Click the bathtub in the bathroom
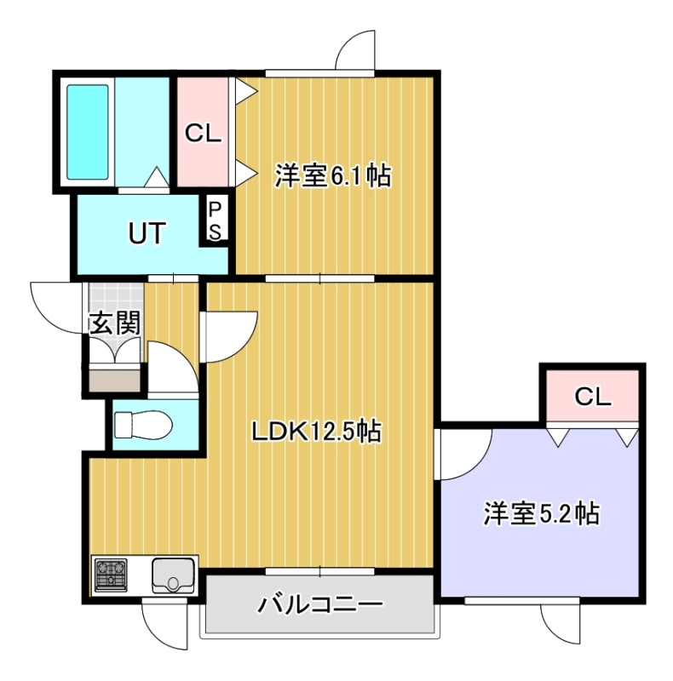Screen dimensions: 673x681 [87, 132]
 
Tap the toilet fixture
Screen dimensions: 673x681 [142, 425]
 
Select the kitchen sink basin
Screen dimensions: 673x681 [173, 575]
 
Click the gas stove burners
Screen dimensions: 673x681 [111, 575]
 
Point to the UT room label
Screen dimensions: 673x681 [147, 232]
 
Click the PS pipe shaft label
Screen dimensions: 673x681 [215, 221]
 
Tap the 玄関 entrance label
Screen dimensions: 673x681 [115, 323]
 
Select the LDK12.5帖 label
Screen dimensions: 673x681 [317, 432]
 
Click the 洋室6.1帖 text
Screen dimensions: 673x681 [332, 175]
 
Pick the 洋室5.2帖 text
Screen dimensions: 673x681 [541, 513]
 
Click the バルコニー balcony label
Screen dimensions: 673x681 [320, 604]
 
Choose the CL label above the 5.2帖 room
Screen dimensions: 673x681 [593, 396]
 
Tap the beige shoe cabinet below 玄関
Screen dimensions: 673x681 [115, 380]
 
